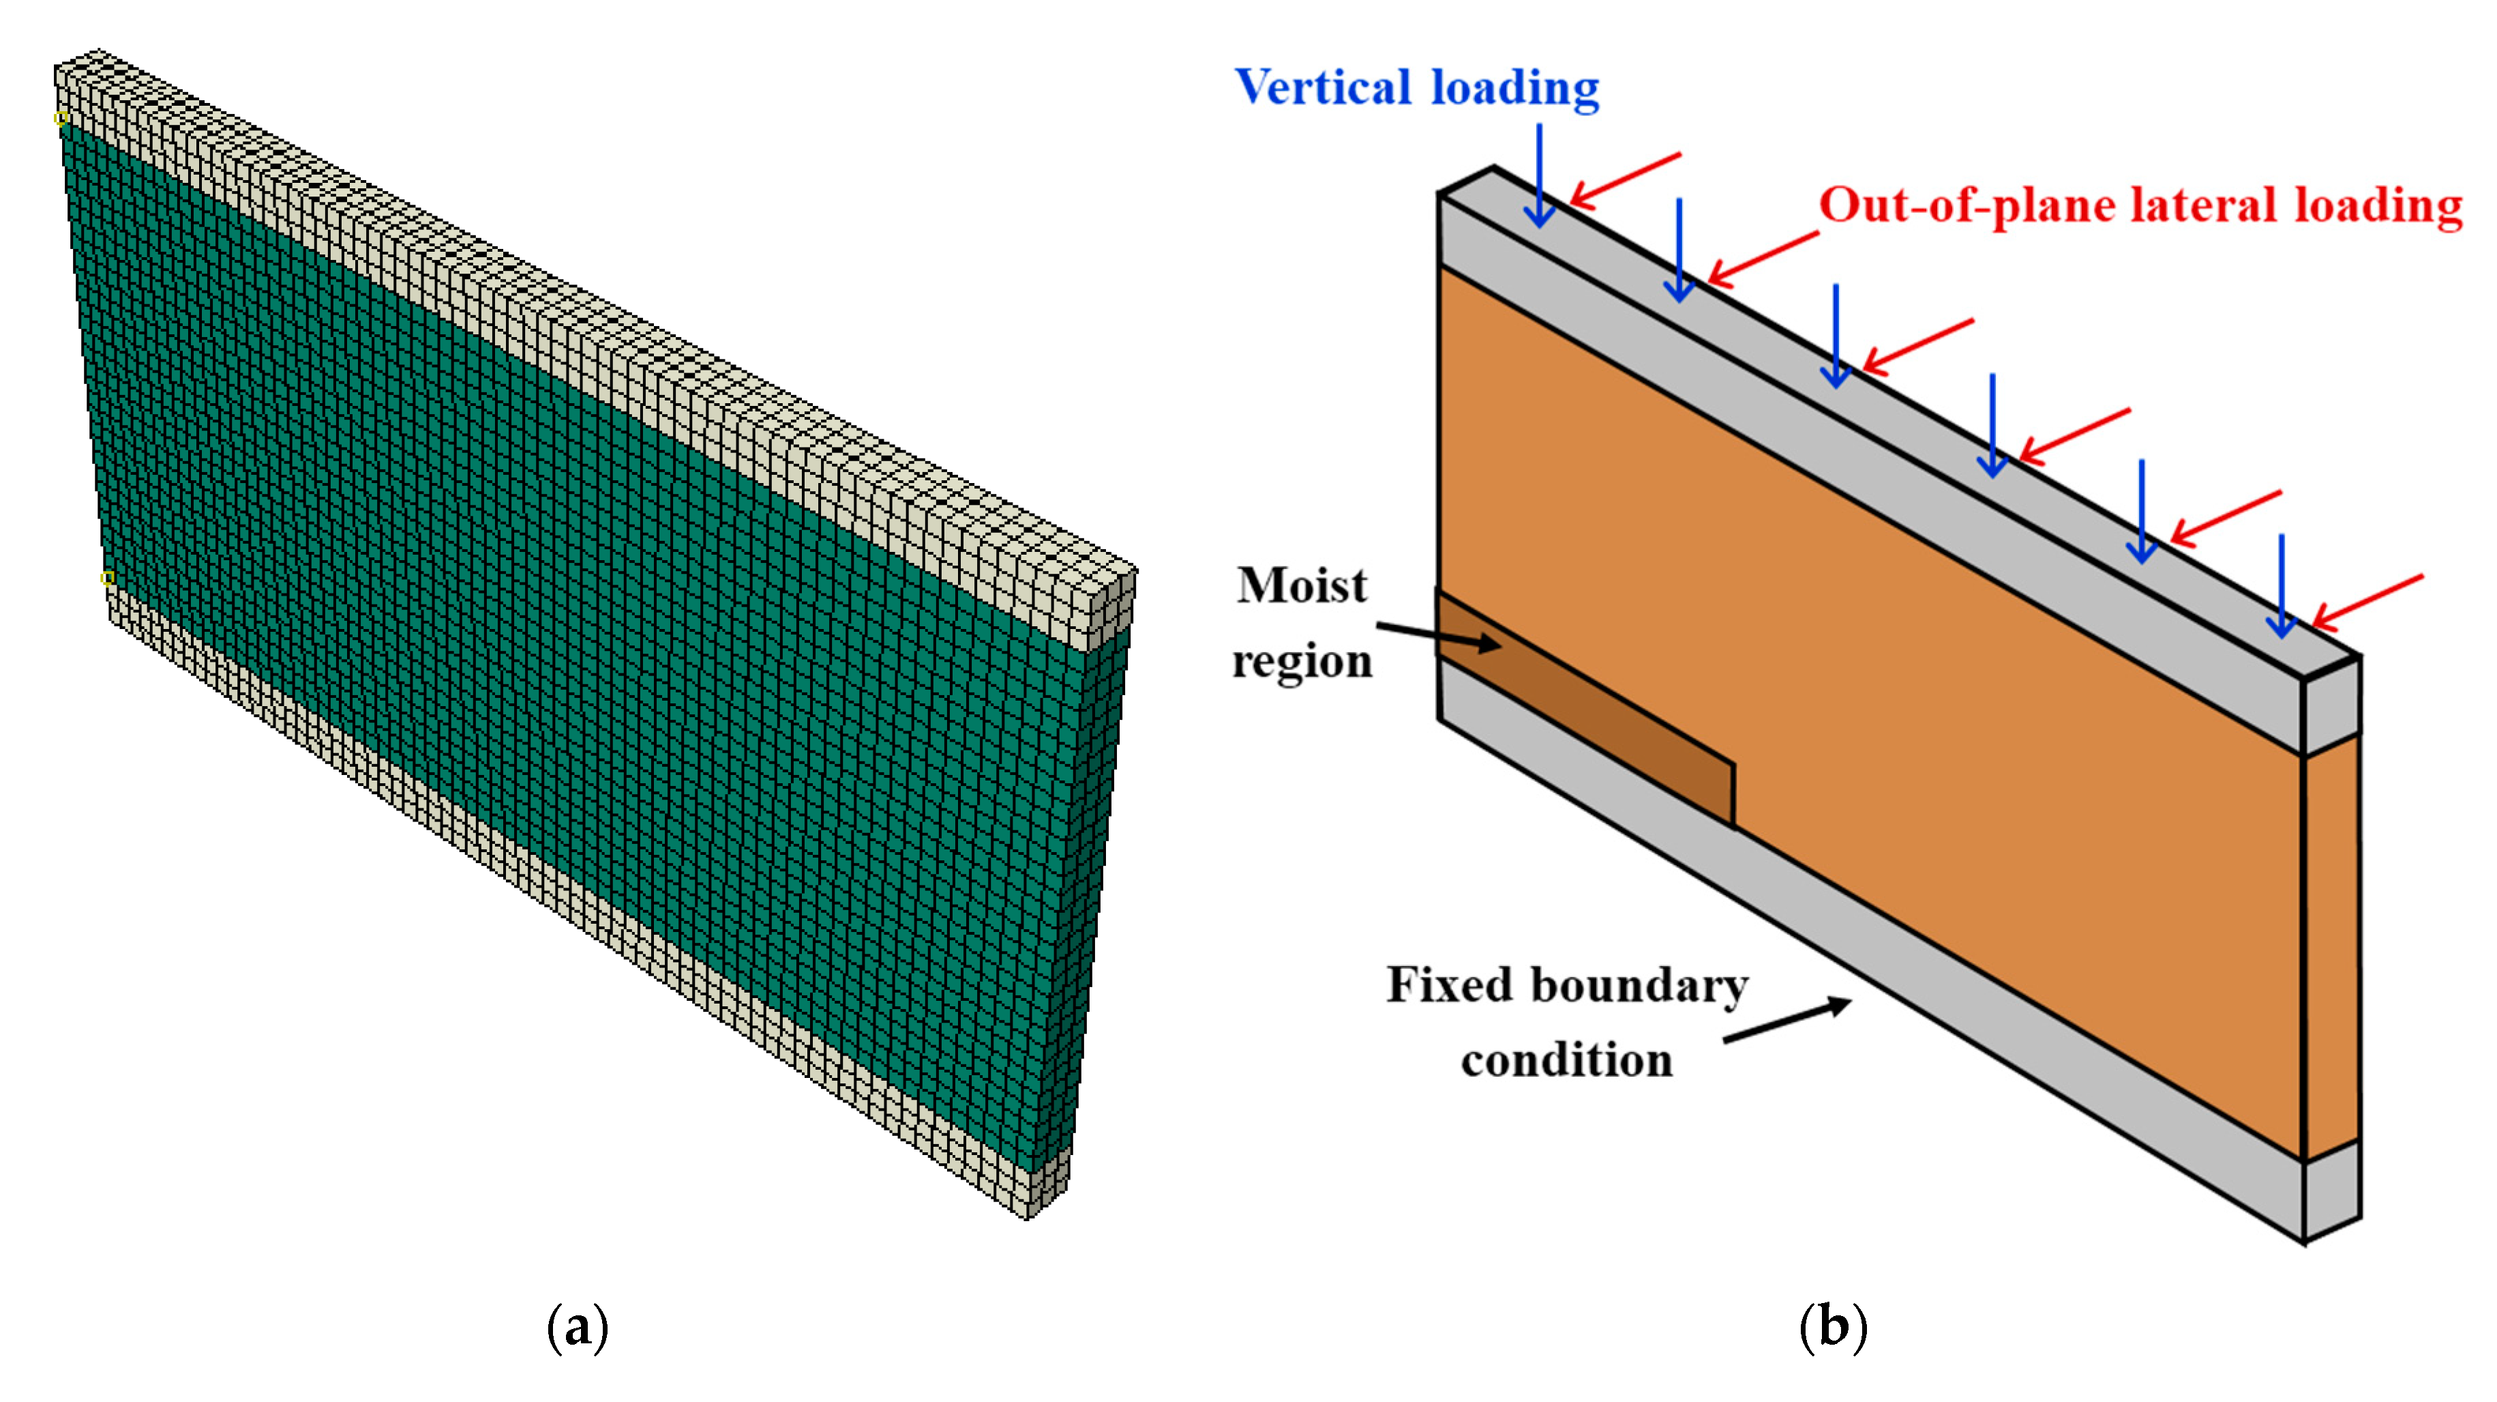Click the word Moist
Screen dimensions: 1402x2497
[x=1301, y=585]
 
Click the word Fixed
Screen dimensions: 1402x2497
[x=1449, y=985]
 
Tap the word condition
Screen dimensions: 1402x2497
[x=1566, y=1060]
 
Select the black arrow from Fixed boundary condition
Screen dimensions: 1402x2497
[x=1786, y=1022]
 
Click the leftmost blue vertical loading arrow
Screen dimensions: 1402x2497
[x=1539, y=175]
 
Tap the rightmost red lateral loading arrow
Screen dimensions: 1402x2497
[x=2367, y=601]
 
